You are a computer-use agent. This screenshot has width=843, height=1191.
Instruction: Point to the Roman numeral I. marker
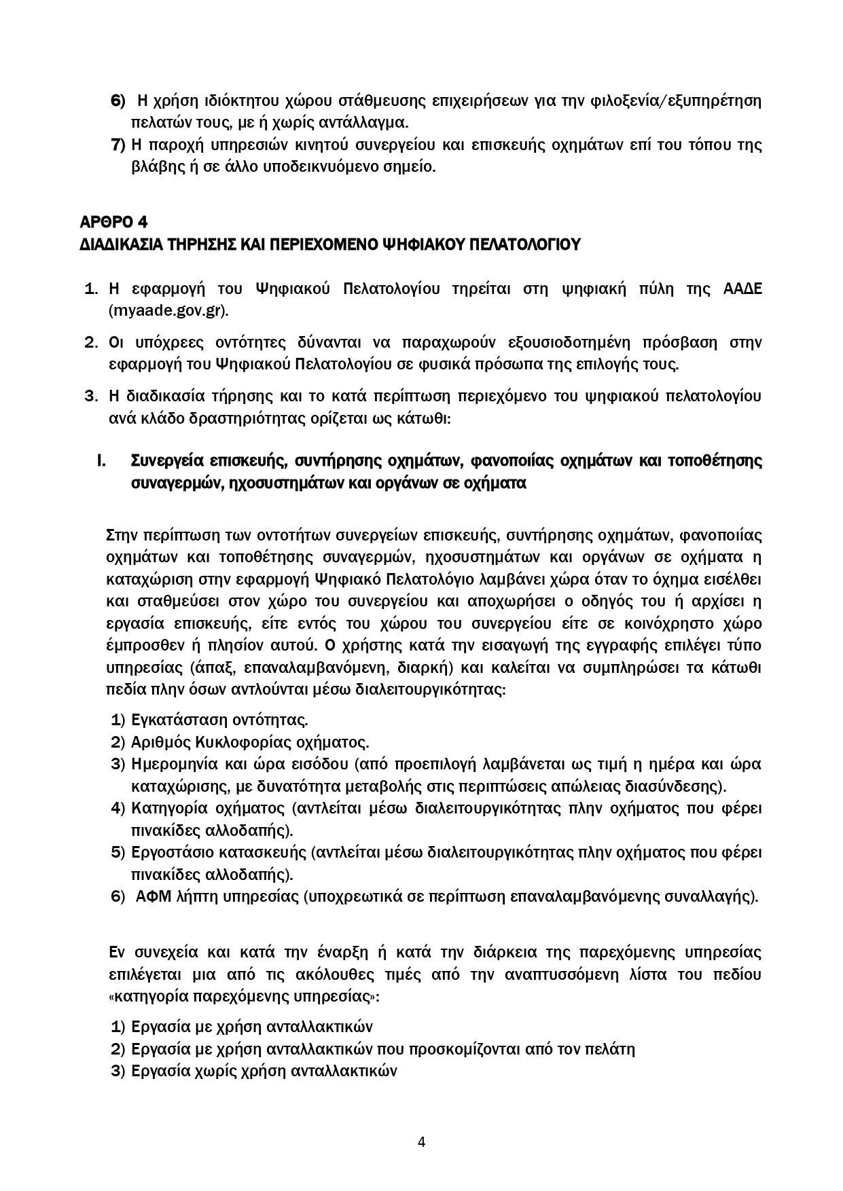[101, 462]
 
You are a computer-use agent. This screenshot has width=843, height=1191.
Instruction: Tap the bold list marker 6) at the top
[118, 101]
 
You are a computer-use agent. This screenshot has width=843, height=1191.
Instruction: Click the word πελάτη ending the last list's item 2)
[612, 1049]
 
